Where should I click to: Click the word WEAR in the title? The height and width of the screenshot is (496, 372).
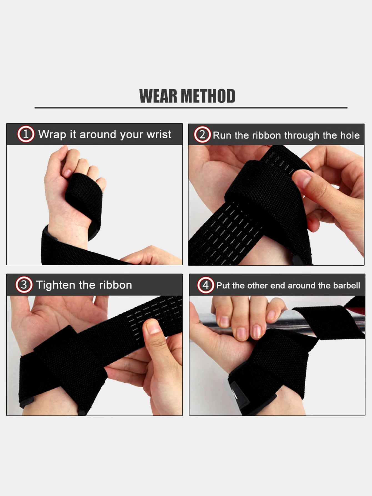158,96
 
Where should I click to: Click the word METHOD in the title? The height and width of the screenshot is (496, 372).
208,96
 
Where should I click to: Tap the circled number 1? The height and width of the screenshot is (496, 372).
26,134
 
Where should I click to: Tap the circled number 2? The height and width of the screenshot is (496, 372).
202,135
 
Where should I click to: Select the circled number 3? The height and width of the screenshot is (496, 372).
24,285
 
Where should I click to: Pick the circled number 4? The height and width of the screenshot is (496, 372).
205,285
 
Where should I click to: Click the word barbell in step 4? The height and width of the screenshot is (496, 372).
346,285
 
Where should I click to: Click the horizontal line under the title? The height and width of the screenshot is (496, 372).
191,108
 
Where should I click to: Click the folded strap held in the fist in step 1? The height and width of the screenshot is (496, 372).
83,195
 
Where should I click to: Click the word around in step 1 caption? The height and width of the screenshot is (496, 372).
98,134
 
